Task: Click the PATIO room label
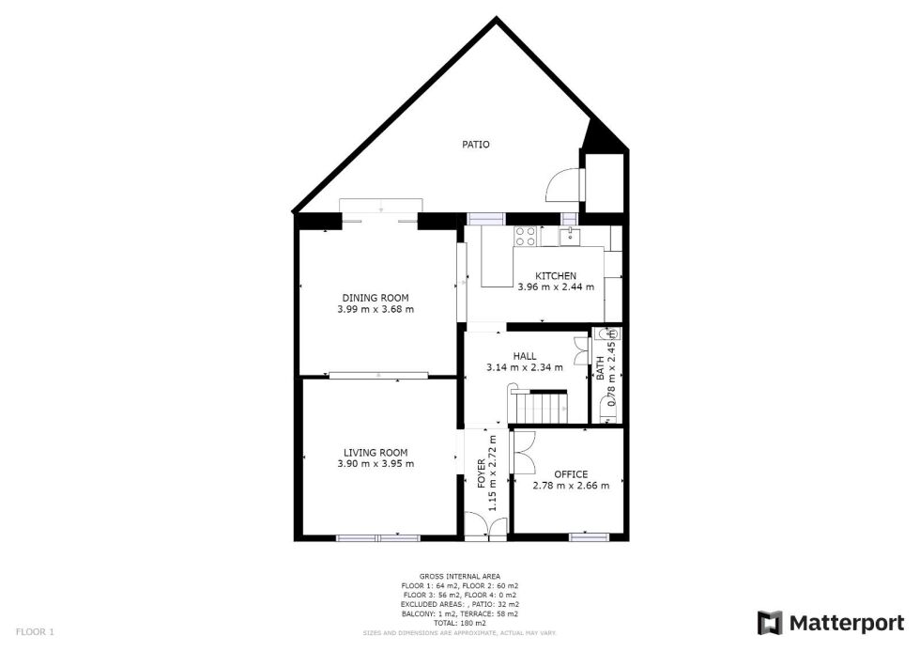click(475, 145)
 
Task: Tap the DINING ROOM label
click(375, 298)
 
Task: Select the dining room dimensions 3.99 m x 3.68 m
click(375, 309)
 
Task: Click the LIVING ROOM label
click(375, 453)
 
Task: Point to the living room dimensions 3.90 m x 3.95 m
click(375, 464)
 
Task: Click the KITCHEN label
click(556, 276)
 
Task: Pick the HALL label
click(525, 357)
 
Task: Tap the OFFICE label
click(571, 474)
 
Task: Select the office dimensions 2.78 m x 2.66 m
click(571, 486)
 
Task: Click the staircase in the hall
click(538, 406)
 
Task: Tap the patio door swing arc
click(562, 184)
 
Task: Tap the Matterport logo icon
click(770, 623)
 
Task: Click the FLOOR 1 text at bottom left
click(36, 632)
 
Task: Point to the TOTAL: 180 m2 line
click(460, 623)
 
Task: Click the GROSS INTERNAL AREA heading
click(460, 576)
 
